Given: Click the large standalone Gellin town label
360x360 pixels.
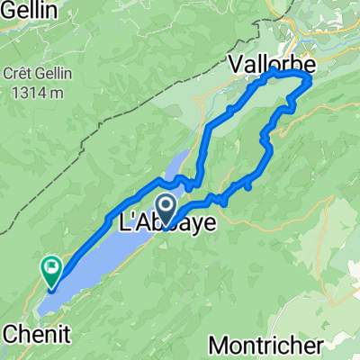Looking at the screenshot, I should (29, 10).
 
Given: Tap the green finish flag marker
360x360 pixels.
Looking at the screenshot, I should (50, 267).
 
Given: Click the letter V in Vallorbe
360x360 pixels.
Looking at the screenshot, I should (235, 67).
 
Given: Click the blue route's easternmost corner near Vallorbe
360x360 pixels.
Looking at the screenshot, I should (310, 81).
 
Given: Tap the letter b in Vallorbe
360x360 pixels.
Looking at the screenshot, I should (287, 67).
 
